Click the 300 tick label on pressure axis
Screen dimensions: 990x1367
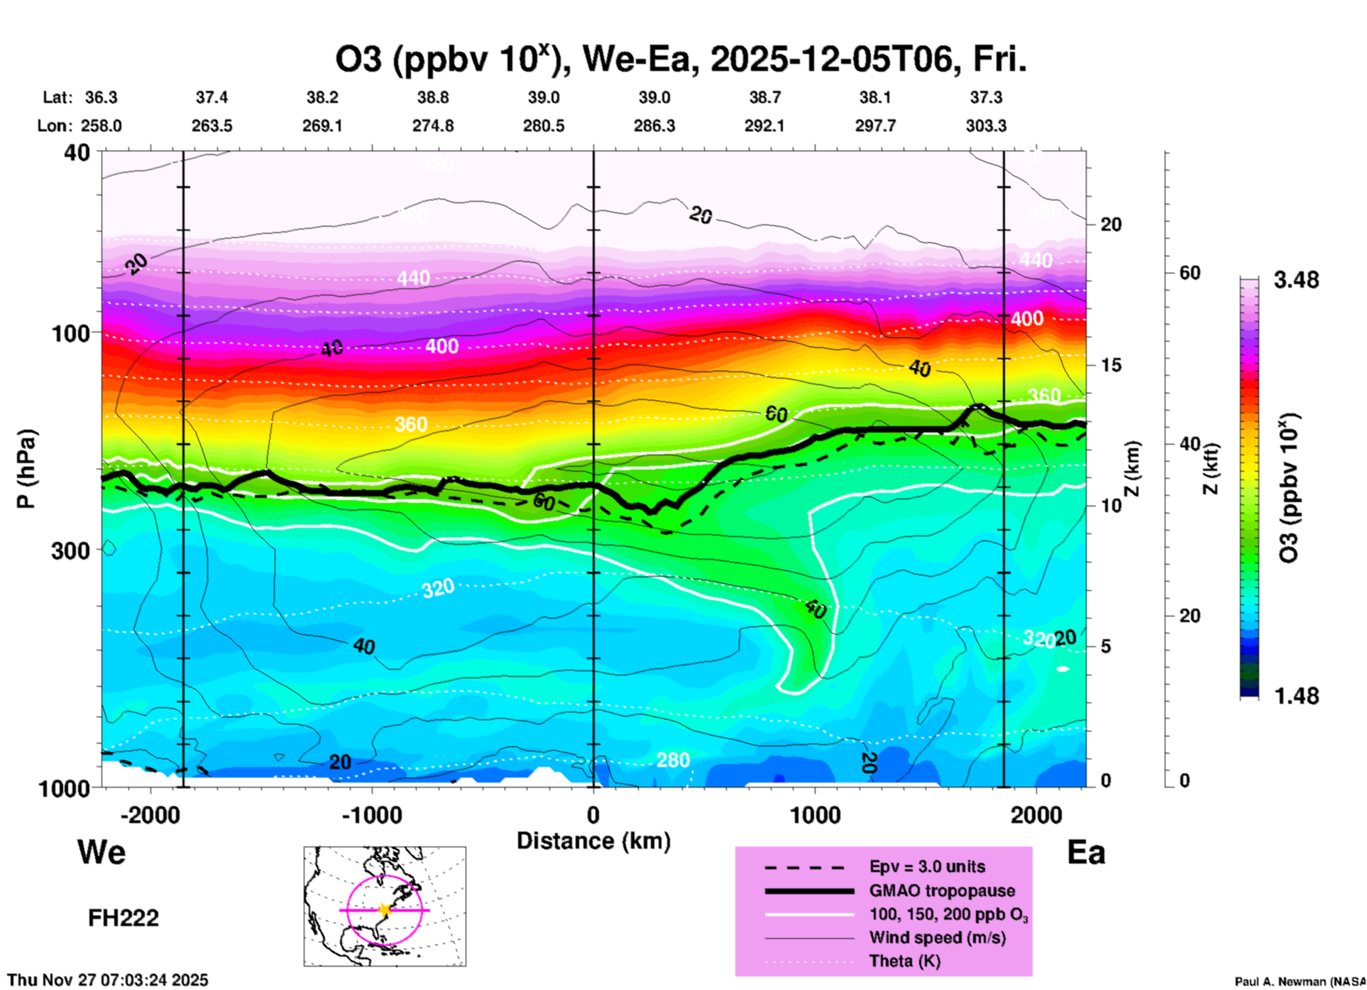pos(70,550)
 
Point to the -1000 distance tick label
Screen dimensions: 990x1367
pos(371,815)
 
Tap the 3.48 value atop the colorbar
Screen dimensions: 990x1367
pos(1296,281)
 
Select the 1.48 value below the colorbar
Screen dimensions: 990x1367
pos(1296,696)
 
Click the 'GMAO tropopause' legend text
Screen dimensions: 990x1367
pos(942,891)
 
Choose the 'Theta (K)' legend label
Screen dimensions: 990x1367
pos(904,961)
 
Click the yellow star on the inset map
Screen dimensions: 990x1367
pos(385,910)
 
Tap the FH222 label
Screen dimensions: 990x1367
pos(123,918)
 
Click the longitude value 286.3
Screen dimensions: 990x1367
pos(654,126)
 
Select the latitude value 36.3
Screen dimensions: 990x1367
pos(101,97)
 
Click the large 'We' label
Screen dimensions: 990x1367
pos(101,852)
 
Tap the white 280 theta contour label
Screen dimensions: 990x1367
pos(672,761)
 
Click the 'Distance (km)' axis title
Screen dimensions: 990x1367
pos(593,841)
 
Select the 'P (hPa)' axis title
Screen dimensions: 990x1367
pos(26,469)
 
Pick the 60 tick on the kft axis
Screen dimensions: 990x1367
pos(1190,273)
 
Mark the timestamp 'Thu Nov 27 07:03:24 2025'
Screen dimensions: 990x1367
pos(108,980)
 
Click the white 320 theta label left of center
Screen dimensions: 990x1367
pos(438,588)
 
